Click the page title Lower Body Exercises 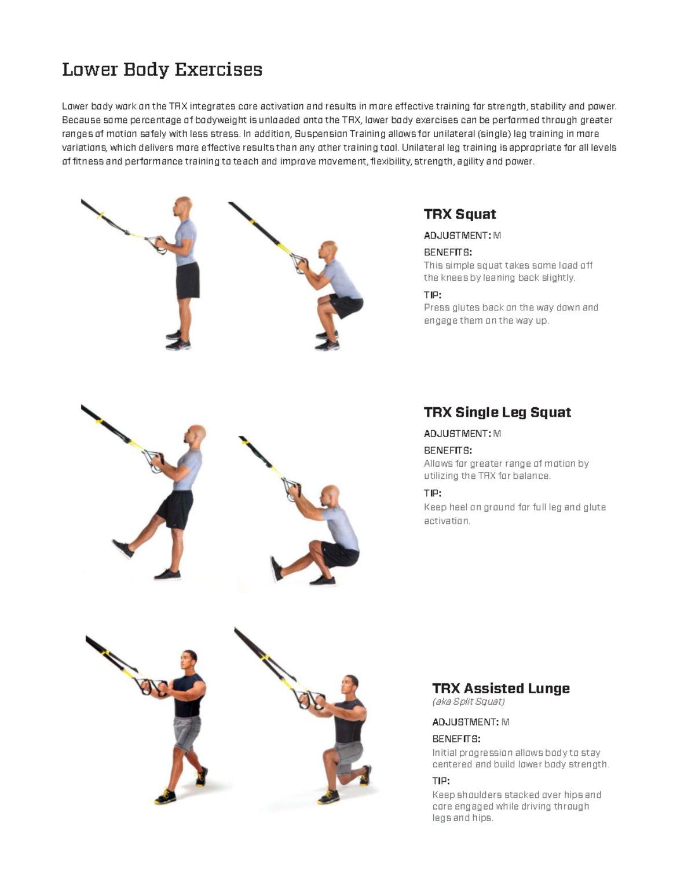click(x=162, y=69)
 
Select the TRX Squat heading click(x=459, y=214)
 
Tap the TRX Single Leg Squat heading click(x=497, y=412)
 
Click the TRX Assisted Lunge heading click(x=500, y=689)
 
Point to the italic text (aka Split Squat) click(x=468, y=702)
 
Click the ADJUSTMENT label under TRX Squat click(x=457, y=236)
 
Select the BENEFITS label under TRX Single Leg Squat click(x=447, y=451)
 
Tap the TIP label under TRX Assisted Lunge click(x=441, y=781)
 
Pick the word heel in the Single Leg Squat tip click(x=458, y=507)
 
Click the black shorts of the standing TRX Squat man click(x=187, y=280)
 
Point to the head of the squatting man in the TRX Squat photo click(x=328, y=251)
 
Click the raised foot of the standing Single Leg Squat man click(x=123, y=548)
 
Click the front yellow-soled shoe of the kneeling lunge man click(x=328, y=797)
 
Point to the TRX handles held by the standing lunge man click(x=153, y=688)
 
